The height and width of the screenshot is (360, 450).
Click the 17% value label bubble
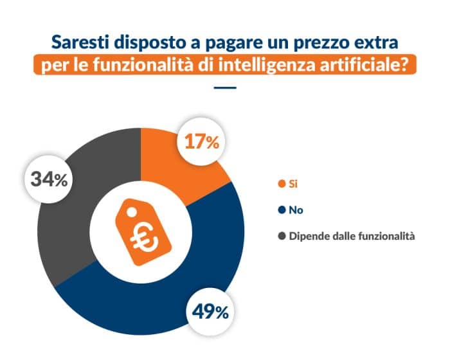click(202, 142)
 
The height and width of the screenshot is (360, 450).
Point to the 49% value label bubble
click(210, 312)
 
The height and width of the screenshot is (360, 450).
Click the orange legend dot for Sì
click(281, 184)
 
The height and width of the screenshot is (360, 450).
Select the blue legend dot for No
click(281, 210)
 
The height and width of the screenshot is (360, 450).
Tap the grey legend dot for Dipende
click(281, 236)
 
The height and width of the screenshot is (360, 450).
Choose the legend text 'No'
click(296, 210)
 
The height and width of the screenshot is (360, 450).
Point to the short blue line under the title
click(224, 88)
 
